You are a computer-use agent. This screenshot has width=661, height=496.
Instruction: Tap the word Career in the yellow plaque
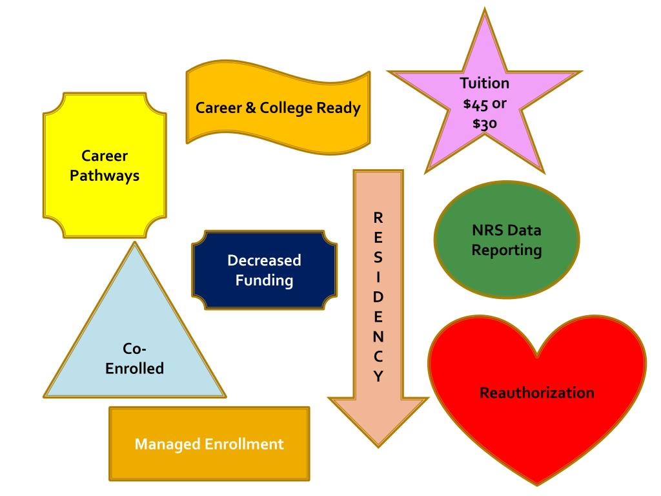105,156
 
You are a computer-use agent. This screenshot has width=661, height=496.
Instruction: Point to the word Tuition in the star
484,83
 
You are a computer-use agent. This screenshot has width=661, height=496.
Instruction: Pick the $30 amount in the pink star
484,124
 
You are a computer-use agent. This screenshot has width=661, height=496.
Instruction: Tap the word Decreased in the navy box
264,261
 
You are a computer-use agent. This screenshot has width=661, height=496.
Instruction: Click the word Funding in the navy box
264,280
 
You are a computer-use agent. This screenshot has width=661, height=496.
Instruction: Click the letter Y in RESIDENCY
379,376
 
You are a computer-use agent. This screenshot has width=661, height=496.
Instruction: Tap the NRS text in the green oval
488,231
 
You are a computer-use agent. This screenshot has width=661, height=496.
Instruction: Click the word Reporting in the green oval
507,250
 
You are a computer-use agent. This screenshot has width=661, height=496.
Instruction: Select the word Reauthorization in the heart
537,392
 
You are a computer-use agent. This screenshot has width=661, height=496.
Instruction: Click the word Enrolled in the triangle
134,369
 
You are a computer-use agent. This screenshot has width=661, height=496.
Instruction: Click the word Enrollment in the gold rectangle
239,444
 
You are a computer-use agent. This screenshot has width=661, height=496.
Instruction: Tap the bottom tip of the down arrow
378,447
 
